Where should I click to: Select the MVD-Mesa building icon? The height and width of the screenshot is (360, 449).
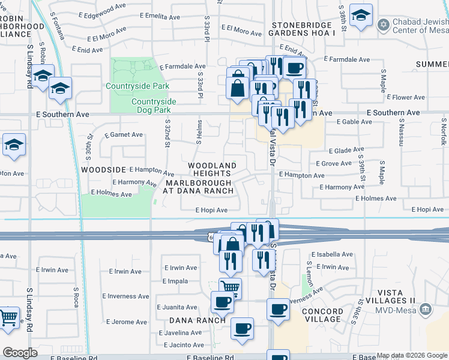425,310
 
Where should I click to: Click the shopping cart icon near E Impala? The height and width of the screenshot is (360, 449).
229,288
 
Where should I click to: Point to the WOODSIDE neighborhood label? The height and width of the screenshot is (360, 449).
103,170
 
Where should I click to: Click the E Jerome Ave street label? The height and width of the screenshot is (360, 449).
124,322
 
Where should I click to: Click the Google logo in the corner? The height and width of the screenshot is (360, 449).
20,353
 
